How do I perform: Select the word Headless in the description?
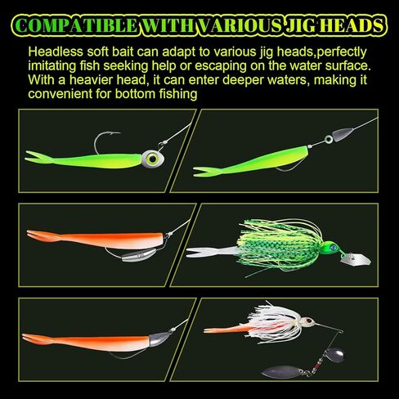(x=56, y=52)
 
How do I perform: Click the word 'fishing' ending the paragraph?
(x=178, y=94)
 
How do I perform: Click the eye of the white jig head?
(x=152, y=158)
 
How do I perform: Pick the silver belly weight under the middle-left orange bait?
(x=138, y=255)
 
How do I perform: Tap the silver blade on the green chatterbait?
(x=356, y=260)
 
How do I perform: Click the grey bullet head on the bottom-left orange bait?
(x=159, y=338)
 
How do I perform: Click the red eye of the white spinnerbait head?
(x=309, y=320)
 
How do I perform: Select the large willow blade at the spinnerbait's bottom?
(x=281, y=372)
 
